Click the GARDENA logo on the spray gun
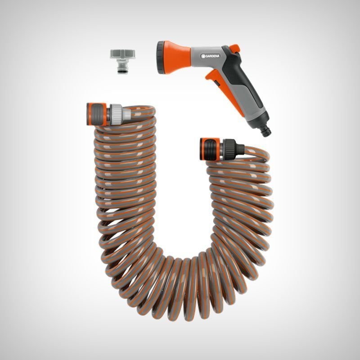210,56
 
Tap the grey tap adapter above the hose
122,61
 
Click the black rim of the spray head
161,58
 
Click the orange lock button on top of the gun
235,48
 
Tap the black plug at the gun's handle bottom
266,131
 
